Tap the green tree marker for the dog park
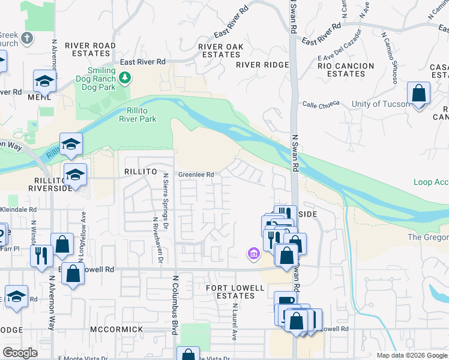pos(125,77)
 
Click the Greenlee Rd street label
pos(196,175)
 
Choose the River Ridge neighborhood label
pos(262,65)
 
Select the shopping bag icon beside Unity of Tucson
pos(418,95)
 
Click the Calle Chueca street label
pos(321,104)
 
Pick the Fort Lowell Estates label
pos(235,292)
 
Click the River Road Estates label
pos(90,50)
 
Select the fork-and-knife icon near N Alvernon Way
pos(41,256)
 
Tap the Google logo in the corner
pos(20,353)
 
